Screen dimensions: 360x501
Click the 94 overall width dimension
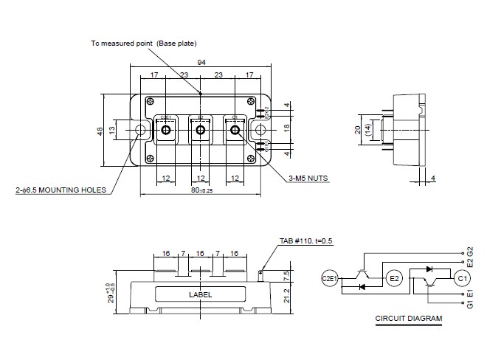point(200,62)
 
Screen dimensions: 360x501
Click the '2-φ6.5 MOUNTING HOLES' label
point(60,190)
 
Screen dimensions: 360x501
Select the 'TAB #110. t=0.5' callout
point(306,241)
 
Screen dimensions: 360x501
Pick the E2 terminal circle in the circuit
point(393,278)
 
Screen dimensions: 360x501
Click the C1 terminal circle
point(463,278)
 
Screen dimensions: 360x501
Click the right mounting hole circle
point(260,131)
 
